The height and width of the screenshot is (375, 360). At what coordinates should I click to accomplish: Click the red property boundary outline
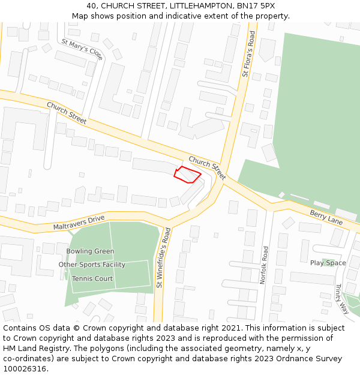187,174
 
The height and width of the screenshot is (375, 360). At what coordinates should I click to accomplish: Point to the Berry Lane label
326,217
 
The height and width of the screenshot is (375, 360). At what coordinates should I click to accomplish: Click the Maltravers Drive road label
79,223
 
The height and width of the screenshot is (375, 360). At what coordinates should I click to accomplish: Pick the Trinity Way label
342,299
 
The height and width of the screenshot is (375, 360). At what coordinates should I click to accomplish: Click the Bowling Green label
90,251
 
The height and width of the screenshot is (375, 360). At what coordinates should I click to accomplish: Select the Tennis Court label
92,279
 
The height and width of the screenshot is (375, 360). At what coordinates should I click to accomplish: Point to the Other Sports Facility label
92,265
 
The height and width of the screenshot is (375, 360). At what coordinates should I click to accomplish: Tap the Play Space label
328,263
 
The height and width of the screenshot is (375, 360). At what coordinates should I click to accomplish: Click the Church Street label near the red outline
207,168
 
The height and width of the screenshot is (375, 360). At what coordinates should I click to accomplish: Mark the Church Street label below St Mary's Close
67,113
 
